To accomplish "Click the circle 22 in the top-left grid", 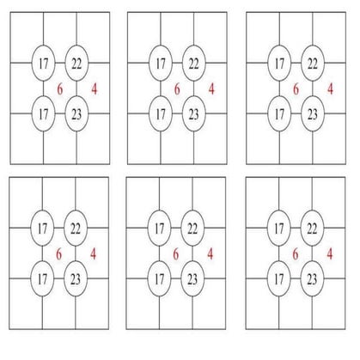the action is [x=76, y=64].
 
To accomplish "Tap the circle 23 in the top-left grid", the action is [x=76, y=114].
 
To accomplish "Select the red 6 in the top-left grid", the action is [x=60, y=89].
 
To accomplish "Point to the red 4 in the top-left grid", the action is [x=95, y=89].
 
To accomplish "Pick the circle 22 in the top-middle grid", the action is [x=194, y=64].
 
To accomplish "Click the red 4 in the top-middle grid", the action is [x=211, y=89].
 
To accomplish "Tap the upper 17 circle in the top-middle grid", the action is [x=161, y=64].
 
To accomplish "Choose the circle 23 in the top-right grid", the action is [x=313, y=114].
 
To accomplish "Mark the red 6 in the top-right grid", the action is [x=296, y=89].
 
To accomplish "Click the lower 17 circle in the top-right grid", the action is [x=279, y=114].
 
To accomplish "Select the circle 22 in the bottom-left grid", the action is [x=76, y=229].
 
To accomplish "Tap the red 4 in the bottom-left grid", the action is [x=93, y=254].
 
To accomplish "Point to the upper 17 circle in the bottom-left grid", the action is [x=42, y=229].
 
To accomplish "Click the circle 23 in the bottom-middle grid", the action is [x=192, y=278].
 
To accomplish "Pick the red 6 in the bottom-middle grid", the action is [x=176, y=254].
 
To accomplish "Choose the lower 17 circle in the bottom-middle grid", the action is [x=159, y=278].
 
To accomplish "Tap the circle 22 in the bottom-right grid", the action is [x=312, y=229].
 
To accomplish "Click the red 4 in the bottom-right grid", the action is [x=330, y=254].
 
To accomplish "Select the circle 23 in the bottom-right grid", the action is [x=312, y=278].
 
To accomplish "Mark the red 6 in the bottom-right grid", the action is [x=296, y=254].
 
